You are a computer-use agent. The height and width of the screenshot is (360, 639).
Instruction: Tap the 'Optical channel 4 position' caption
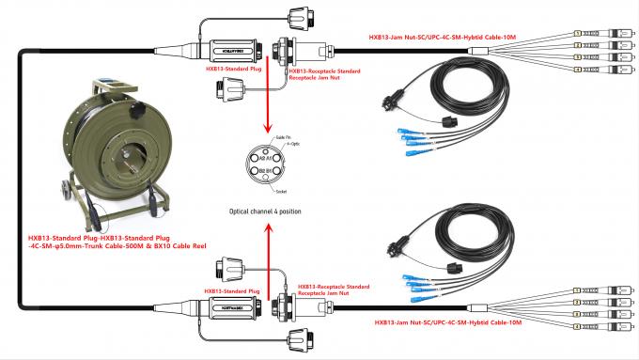266,211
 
